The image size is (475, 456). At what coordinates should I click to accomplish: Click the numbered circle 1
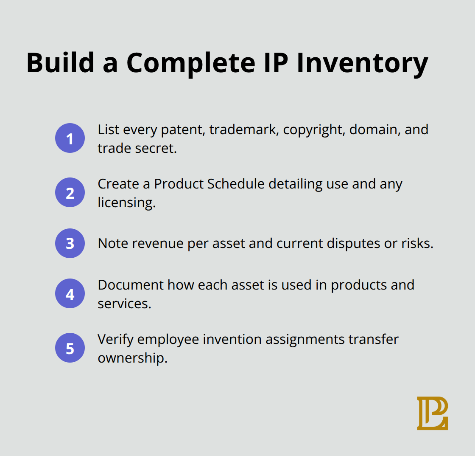70,138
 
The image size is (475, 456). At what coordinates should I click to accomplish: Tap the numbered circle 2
70,192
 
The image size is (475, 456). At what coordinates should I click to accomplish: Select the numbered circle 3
70,243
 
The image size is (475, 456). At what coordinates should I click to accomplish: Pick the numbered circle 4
70,293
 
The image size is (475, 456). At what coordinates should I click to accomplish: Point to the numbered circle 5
70,348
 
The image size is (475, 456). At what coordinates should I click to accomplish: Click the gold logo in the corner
432,413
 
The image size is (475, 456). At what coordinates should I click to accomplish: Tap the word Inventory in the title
362,63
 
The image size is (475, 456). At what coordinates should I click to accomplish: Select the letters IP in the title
271,63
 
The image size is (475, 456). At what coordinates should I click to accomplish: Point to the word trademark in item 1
243,129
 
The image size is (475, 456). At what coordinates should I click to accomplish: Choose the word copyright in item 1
314,129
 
